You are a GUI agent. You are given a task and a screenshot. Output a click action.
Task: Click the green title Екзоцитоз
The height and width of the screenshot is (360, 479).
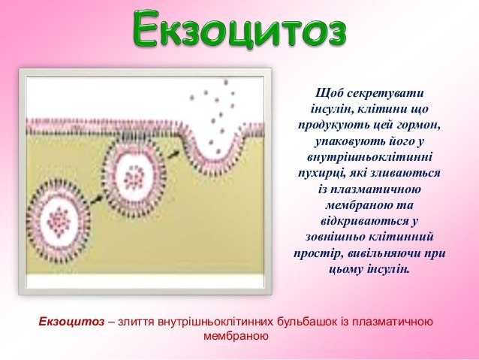[x=239, y=29]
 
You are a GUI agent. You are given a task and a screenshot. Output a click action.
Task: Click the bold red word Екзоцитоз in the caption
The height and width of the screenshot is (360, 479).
[x=71, y=322]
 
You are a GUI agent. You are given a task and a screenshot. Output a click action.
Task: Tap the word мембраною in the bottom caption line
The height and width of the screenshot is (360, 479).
[x=236, y=336]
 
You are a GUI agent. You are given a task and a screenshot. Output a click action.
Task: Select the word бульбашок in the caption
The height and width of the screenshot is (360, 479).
[x=307, y=322]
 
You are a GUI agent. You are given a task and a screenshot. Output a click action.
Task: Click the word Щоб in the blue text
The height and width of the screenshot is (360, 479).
[x=329, y=93]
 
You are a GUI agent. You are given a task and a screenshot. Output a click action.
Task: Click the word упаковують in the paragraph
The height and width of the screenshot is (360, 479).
[x=346, y=141]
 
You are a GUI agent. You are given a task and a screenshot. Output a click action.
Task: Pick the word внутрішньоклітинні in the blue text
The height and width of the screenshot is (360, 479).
[x=369, y=157]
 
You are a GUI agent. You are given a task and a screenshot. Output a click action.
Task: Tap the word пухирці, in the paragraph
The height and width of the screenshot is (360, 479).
[x=321, y=173]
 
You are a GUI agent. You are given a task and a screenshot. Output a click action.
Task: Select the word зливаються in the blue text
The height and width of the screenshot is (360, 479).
[x=405, y=173]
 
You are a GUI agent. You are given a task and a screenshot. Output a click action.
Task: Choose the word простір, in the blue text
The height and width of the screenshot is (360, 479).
[x=318, y=253]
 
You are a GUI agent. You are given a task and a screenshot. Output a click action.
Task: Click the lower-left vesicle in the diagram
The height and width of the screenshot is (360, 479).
[x=59, y=221]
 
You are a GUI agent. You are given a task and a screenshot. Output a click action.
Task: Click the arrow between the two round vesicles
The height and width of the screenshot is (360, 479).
[x=97, y=199]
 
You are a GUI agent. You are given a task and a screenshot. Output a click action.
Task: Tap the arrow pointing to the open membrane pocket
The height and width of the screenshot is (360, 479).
[x=173, y=153]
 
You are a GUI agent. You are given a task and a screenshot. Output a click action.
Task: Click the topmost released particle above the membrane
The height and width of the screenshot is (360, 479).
[x=226, y=82]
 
